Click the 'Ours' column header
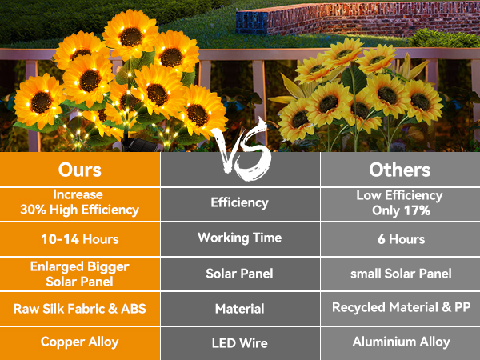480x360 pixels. pyautogui.click(x=79, y=170)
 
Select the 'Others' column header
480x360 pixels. pyautogui.click(x=399, y=170)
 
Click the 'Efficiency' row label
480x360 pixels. pyautogui.click(x=240, y=202)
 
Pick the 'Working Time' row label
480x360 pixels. pyautogui.click(x=240, y=238)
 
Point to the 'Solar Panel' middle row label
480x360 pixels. pyautogui.click(x=240, y=274)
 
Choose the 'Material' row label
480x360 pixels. pyautogui.click(x=240, y=308)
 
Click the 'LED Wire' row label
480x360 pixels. pyautogui.click(x=240, y=342)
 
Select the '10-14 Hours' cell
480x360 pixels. pyautogui.click(x=79, y=238)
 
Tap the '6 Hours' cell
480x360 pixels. pyautogui.click(x=400, y=238)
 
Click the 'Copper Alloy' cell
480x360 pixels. pyautogui.click(x=79, y=342)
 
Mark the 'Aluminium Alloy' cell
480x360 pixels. pyautogui.click(x=400, y=342)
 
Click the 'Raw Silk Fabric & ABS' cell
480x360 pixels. pyautogui.click(x=79, y=308)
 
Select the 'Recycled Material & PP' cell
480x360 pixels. pyautogui.click(x=400, y=308)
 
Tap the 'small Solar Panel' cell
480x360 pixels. pyautogui.click(x=400, y=274)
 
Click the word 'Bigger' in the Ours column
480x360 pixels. pyautogui.click(x=108, y=266)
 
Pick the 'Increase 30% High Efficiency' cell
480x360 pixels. pyautogui.click(x=79, y=202)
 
